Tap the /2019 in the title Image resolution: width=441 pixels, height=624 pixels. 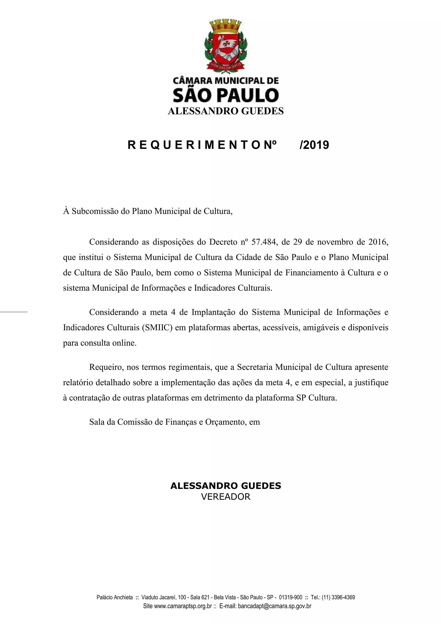pos(314,145)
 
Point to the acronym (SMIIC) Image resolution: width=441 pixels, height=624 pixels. pos(157,327)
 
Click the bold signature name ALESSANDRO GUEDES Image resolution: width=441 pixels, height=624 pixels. pos(225,486)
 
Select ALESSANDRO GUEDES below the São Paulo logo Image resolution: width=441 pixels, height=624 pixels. pos(225,111)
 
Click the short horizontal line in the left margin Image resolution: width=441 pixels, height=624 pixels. pos(14,312)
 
